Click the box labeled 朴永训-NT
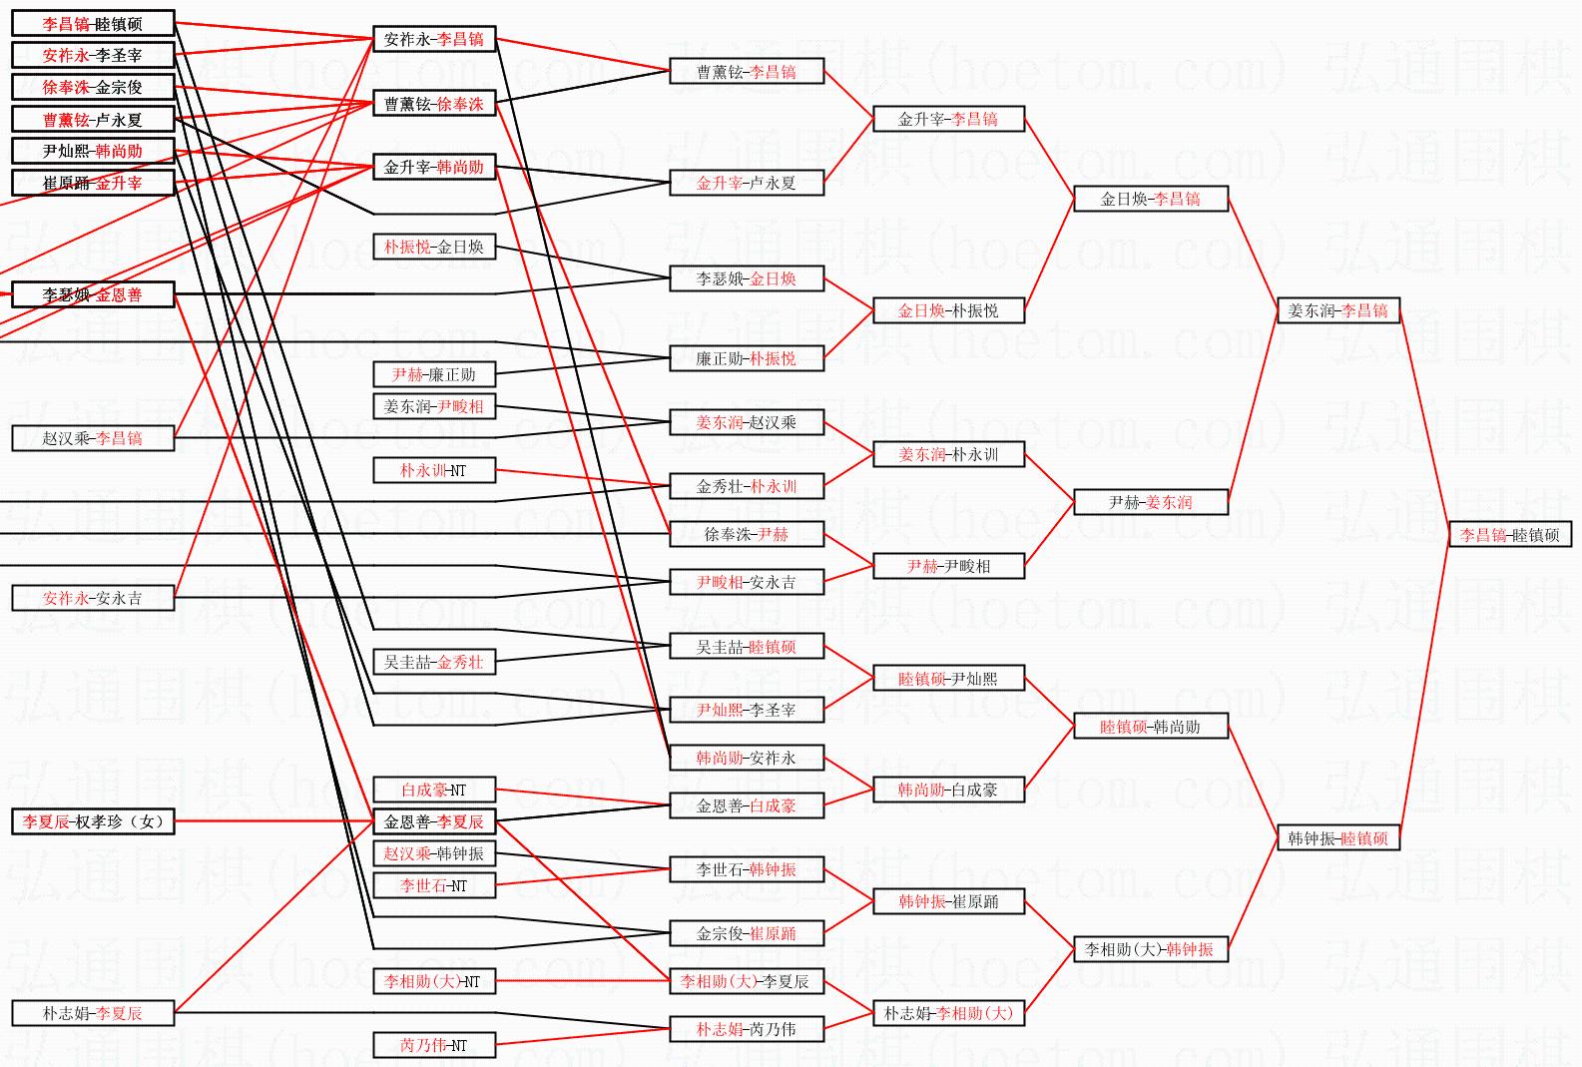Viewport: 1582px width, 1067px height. tap(434, 470)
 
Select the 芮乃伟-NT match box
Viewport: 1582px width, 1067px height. tap(434, 1045)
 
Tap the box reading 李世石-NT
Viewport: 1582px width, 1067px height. tap(434, 885)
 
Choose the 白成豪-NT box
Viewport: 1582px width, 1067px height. tap(434, 790)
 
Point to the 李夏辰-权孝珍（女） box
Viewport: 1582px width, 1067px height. tap(93, 821)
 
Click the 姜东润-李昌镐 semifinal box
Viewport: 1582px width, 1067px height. tap(1337, 310)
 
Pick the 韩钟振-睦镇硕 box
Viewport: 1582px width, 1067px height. tap(1337, 838)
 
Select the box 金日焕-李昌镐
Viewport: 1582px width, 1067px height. tap(1150, 199)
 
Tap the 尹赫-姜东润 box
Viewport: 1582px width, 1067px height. tap(1150, 502)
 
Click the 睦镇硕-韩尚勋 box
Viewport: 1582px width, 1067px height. tap(1150, 727)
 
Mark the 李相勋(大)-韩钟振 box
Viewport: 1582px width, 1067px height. tap(1150, 949)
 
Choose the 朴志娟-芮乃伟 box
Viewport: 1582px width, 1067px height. tap(746, 1029)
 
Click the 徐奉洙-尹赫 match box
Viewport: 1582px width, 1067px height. tap(746, 534)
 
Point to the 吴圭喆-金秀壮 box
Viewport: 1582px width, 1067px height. tap(434, 662)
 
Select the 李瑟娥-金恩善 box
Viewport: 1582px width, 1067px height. tap(93, 294)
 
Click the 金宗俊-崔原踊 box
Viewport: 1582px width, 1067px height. tap(746, 933)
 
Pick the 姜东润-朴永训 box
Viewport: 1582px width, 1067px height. tap(947, 454)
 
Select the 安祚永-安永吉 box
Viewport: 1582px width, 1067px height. tap(93, 598)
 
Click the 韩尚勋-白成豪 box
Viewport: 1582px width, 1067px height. tap(947, 790)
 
